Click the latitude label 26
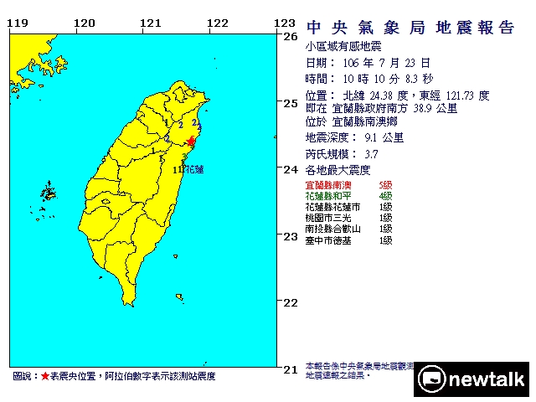point(291,37)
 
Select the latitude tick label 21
point(291,368)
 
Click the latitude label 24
point(291,170)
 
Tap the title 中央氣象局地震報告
point(410,28)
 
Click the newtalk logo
point(473,379)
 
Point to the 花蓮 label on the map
point(193,170)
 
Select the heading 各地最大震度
point(335,170)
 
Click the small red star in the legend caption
point(44,377)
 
